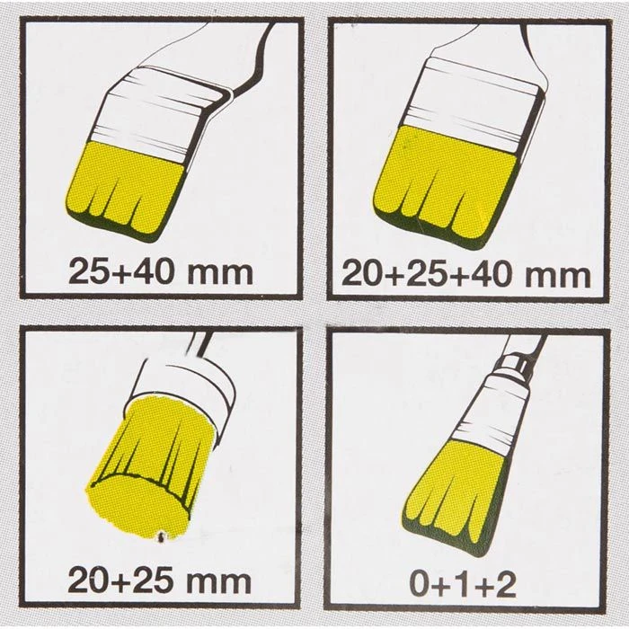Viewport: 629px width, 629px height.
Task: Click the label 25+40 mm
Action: [161, 273]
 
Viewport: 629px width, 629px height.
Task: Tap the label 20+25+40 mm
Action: [466, 275]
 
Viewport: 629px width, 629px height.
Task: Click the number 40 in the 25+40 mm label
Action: [156, 273]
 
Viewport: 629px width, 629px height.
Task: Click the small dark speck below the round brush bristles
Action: [161, 535]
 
